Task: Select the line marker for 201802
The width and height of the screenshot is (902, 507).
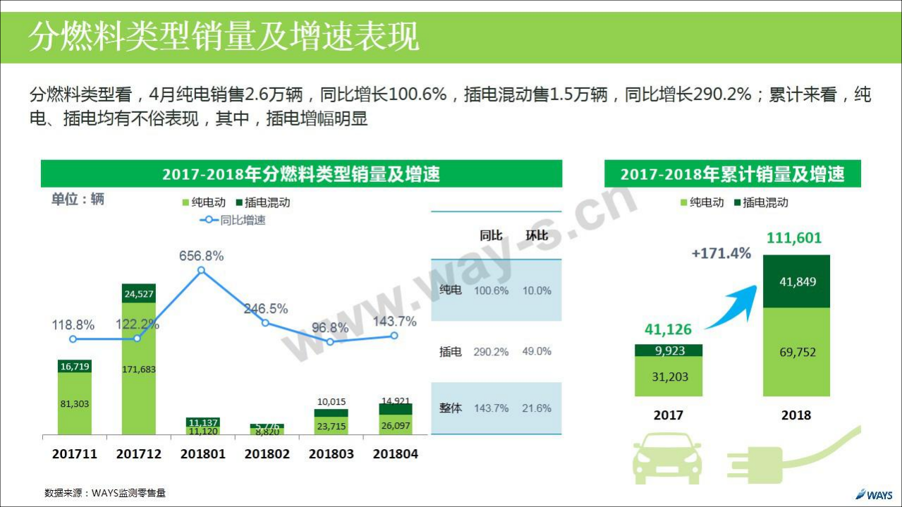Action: pos(265,323)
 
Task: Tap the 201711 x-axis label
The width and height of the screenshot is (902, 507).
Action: pos(75,454)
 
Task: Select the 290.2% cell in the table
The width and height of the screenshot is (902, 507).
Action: pos(491,351)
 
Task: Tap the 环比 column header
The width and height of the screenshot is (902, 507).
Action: pos(537,236)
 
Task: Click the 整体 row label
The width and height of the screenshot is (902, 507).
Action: pos(450,408)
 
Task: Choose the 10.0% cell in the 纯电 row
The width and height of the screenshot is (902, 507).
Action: pos(537,291)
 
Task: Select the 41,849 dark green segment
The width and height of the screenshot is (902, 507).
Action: pos(796,281)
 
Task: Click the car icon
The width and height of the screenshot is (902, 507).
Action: pos(667,458)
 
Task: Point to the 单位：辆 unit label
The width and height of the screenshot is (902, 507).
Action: pos(78,200)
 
